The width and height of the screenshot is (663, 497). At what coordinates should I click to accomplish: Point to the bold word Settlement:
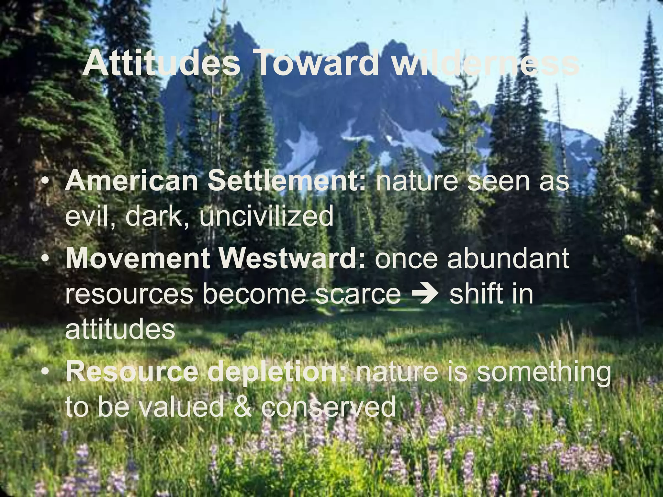tap(287, 181)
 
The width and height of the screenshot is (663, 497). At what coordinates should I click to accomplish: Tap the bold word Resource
tap(131, 372)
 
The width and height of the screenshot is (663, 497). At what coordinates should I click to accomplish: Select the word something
tap(544, 372)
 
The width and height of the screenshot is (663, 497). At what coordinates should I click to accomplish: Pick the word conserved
tap(328, 407)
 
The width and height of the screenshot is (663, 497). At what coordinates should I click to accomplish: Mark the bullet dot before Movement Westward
tap(46, 259)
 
